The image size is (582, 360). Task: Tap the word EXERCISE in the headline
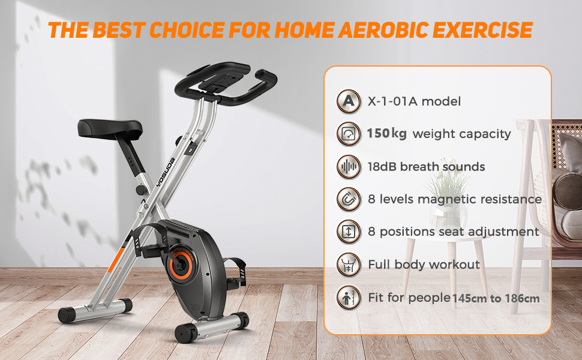coord(482,30)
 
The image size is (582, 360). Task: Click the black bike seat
coord(110,128)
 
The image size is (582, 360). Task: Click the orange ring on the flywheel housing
coord(181,264)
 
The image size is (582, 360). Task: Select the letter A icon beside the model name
coord(349,101)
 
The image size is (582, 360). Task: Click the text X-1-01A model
coord(414,101)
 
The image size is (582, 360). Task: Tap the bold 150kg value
coord(386,134)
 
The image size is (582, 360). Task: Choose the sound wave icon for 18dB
coord(349,167)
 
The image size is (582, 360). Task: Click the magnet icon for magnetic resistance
coord(349,199)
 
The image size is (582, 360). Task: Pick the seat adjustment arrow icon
coord(349,232)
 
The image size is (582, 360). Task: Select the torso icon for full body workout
coord(349,265)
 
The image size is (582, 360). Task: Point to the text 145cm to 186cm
coord(496,298)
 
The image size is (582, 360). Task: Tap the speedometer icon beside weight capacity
coord(349,134)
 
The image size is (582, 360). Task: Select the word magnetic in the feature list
coord(446,200)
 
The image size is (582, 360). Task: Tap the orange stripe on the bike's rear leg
coord(116,259)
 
